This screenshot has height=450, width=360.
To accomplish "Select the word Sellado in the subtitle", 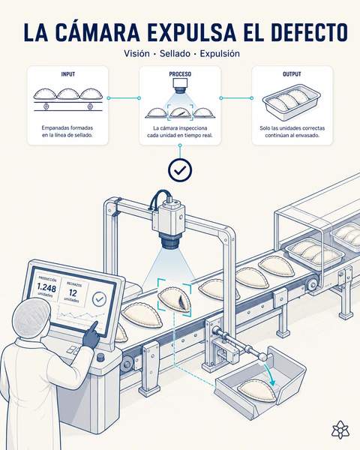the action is pos(175,54).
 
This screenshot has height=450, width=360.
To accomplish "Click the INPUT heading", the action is pos(68,74).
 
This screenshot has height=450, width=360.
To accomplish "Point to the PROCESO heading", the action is pos(180,74).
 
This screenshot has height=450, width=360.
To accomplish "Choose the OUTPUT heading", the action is pos(292,74).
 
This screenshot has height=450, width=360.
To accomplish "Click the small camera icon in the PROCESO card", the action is pos(180,85).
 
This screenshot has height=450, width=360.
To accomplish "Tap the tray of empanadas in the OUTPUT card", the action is pos(292,102).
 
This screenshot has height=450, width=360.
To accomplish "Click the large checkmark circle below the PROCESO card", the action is pos(180,170).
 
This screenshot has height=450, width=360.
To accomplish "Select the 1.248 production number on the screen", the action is pos(46,287).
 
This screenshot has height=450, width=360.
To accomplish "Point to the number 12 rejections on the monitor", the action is pos(73,292).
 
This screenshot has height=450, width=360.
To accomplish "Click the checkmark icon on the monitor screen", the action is pos(99,299).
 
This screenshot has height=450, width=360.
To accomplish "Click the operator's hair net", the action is pos(28,318).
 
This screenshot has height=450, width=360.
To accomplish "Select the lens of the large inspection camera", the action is pos(172,241).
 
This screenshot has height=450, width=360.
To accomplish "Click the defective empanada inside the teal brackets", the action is pos(175,298).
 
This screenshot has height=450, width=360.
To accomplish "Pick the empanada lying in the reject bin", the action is pos(257,390).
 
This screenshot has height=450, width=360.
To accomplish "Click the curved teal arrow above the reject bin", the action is pos(271,374).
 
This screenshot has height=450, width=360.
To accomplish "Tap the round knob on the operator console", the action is pos(100,357).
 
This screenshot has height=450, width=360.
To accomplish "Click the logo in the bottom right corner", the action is pos(340,430).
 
